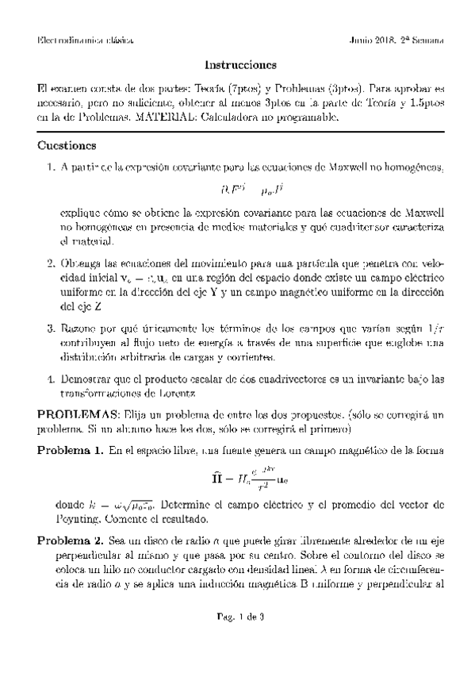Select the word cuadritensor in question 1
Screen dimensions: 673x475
[x=355, y=227]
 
